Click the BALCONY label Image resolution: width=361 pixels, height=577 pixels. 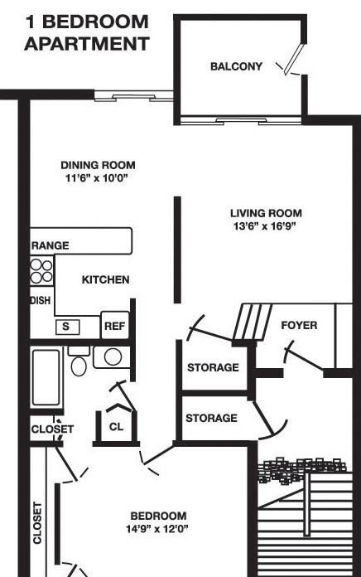point(236,66)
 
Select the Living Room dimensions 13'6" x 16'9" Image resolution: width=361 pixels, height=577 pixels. point(265,226)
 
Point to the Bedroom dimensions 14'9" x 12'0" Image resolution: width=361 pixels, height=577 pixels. point(157,529)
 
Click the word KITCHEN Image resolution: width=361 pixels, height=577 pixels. point(105,279)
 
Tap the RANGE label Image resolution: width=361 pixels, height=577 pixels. point(50,245)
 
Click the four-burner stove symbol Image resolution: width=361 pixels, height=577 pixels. point(41,271)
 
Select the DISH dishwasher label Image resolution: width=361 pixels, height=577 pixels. point(41,300)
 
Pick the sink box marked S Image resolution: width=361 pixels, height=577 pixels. point(68,327)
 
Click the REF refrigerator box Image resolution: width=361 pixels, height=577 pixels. point(115,326)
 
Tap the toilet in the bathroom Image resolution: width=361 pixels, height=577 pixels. point(79,361)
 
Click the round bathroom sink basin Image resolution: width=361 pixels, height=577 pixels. point(113,356)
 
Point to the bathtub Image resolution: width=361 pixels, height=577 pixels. point(46,377)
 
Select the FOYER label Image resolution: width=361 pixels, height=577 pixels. point(299,325)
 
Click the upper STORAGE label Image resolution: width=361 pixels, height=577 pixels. point(213,367)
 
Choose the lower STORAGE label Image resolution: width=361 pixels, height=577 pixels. point(211,418)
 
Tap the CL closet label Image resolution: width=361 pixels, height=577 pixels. point(116,427)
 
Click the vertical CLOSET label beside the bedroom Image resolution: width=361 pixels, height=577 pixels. point(37,523)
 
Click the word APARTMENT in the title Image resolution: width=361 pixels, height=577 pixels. point(87,44)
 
